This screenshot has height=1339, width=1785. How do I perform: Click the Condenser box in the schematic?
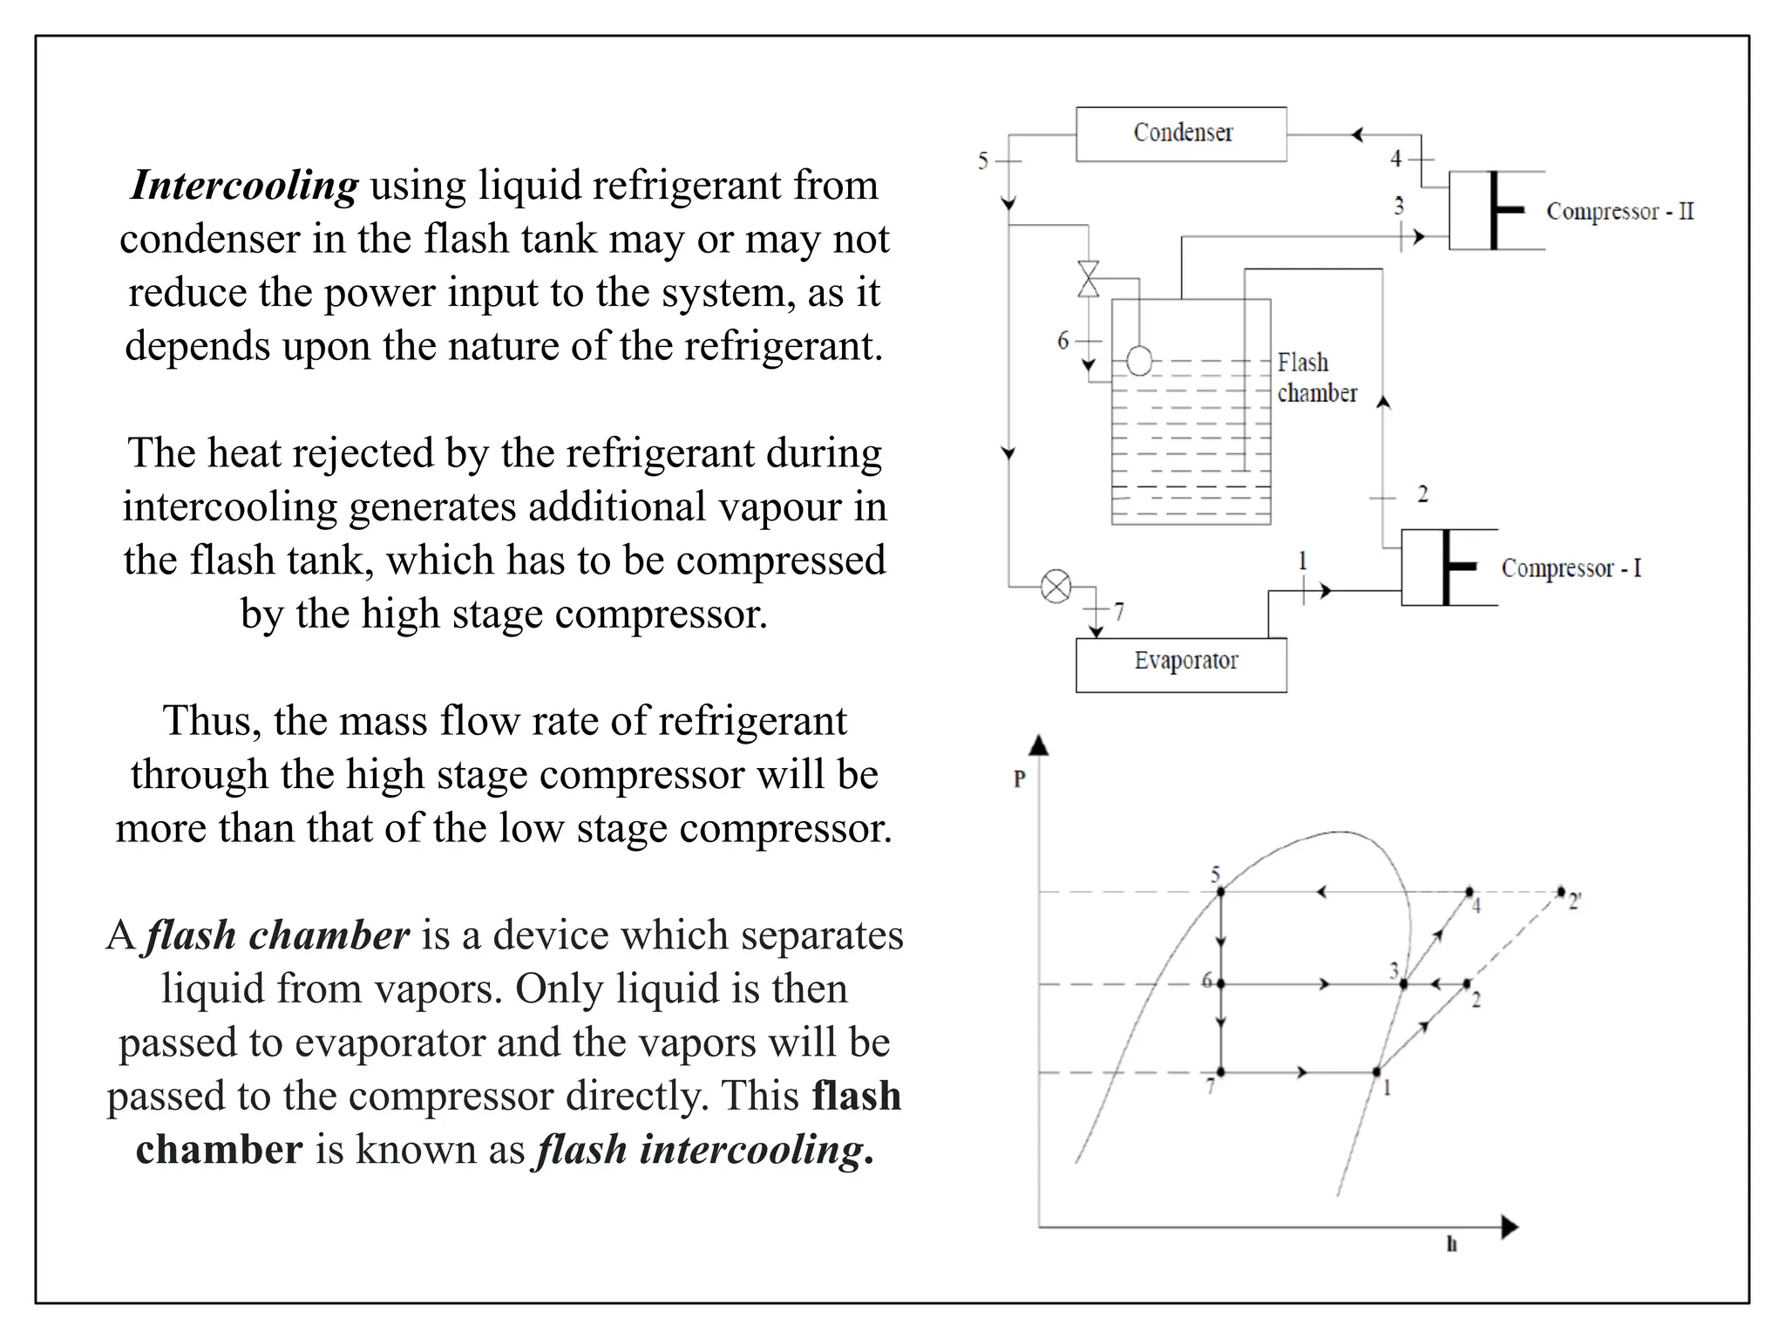pos(1181,134)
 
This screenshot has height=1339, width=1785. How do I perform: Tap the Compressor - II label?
pos(1619,212)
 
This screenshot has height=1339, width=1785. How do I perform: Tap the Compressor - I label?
pos(1571,568)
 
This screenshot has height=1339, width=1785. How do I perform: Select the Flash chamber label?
pos(1316,377)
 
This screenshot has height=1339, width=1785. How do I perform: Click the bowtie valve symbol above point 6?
pos(1089,279)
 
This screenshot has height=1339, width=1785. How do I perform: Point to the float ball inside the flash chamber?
pos(1139,360)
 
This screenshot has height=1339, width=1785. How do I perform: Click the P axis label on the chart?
pos(1020,778)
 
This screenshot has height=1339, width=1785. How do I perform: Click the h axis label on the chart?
pos(1451,1244)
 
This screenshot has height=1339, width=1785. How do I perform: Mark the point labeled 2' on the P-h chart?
pos(1561,892)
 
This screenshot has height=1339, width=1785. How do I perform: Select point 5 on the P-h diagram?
pos(1220,892)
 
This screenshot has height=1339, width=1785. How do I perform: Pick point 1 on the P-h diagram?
pos(1376,1071)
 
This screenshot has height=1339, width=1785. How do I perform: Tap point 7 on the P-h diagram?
pos(1220,1071)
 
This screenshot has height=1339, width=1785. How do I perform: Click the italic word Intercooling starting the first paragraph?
pos(244,185)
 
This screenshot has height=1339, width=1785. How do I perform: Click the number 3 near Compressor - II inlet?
pos(1399,206)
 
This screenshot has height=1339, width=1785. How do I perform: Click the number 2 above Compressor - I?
pos(1422,494)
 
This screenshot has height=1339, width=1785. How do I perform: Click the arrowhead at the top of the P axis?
pos(1039,744)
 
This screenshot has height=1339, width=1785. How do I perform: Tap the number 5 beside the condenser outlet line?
pos(983,161)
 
